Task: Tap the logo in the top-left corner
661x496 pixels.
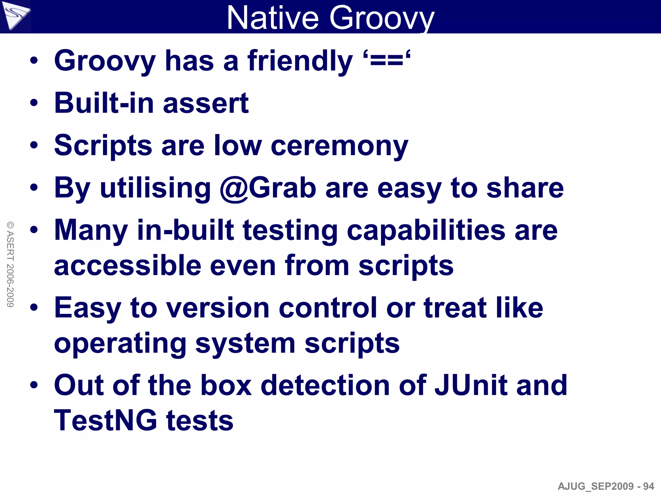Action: [x=15, y=15]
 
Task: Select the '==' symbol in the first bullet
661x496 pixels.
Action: [x=386, y=61]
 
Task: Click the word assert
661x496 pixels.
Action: [x=206, y=104]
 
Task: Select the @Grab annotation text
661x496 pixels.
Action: [x=268, y=188]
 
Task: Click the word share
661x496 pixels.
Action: [x=525, y=188]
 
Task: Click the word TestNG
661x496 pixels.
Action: [x=105, y=420]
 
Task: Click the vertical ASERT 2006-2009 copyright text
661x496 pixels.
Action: [x=10, y=264]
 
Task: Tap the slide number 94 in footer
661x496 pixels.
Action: [x=648, y=486]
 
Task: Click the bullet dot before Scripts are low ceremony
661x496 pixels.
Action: [x=34, y=146]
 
